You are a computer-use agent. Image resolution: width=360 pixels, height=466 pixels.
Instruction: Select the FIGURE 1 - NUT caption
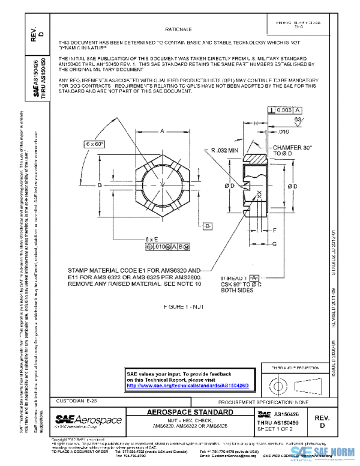point(184,306)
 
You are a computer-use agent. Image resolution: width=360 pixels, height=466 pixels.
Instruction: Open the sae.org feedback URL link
point(190,385)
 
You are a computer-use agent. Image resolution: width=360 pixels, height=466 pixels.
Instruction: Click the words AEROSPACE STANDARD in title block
point(190,413)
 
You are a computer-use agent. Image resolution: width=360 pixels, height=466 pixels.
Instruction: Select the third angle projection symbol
point(288,384)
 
